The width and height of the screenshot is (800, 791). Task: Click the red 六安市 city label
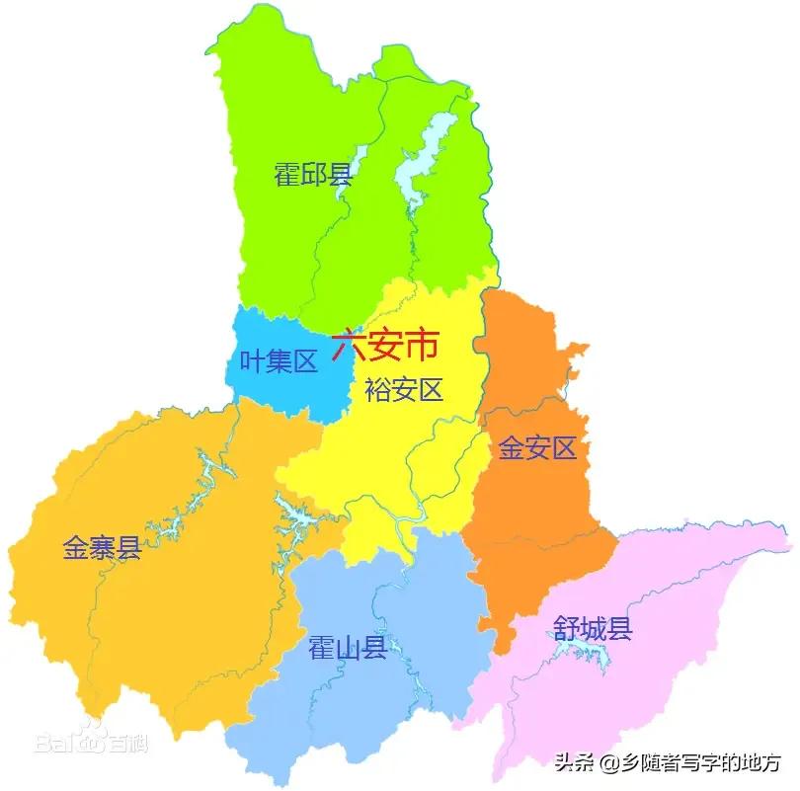384,346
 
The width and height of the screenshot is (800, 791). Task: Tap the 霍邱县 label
313,176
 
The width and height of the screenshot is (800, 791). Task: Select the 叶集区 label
280,362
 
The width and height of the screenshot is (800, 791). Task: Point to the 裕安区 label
404,390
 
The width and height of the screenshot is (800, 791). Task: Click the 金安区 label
536,449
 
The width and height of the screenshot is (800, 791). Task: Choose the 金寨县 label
102,548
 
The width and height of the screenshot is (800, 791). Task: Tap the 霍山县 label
347,649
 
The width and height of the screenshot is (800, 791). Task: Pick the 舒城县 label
592,629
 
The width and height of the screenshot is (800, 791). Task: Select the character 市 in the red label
421,346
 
